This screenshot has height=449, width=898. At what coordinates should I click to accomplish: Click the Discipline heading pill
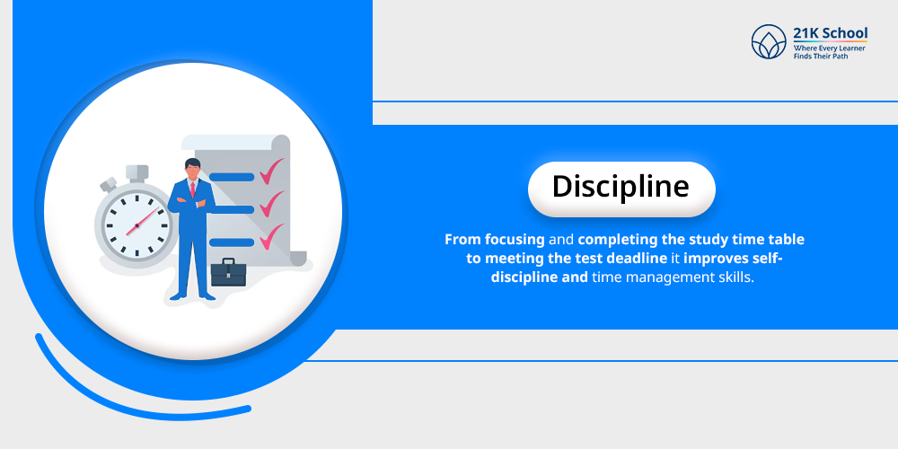point(621,188)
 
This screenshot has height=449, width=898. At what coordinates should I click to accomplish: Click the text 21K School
point(830,33)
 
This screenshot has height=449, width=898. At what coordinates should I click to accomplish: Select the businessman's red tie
point(192,189)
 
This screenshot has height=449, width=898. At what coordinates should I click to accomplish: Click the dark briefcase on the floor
point(227,272)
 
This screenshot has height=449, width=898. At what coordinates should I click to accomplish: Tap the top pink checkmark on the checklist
point(270,170)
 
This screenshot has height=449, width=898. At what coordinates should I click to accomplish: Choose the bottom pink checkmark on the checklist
point(270,238)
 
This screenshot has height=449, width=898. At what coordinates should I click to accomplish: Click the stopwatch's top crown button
point(136,172)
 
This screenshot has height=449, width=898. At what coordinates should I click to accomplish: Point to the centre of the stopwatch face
point(136,224)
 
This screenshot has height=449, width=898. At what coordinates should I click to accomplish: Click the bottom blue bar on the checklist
point(232,242)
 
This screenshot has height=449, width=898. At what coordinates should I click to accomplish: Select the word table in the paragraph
point(785,241)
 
